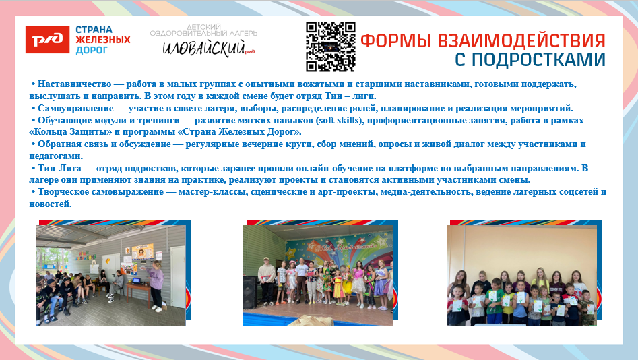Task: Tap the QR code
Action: (x=330, y=46)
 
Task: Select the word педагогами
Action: (x=55, y=156)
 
